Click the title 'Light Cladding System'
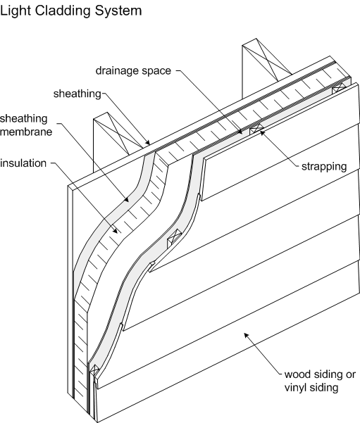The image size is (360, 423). [x=70, y=11]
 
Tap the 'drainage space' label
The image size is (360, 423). [x=133, y=70]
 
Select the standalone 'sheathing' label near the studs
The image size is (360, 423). [x=77, y=94]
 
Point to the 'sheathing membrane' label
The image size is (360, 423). [x=26, y=125]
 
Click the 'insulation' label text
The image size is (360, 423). [x=23, y=163]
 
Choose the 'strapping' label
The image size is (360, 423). [x=324, y=166]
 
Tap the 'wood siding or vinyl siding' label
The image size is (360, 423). [x=320, y=381]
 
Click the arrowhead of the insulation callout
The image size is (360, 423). [x=115, y=231]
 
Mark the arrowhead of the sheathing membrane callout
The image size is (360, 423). [x=126, y=199]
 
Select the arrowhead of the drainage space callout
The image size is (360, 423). [x=240, y=132]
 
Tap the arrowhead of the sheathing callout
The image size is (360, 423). [x=147, y=142]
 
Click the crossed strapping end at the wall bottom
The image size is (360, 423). [x=94, y=370]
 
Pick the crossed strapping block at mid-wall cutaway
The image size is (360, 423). [x=174, y=236]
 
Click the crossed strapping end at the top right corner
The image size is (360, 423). [x=339, y=88]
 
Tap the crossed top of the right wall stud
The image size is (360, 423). [x=267, y=60]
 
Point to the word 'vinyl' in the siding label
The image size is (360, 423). [x=295, y=388]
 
